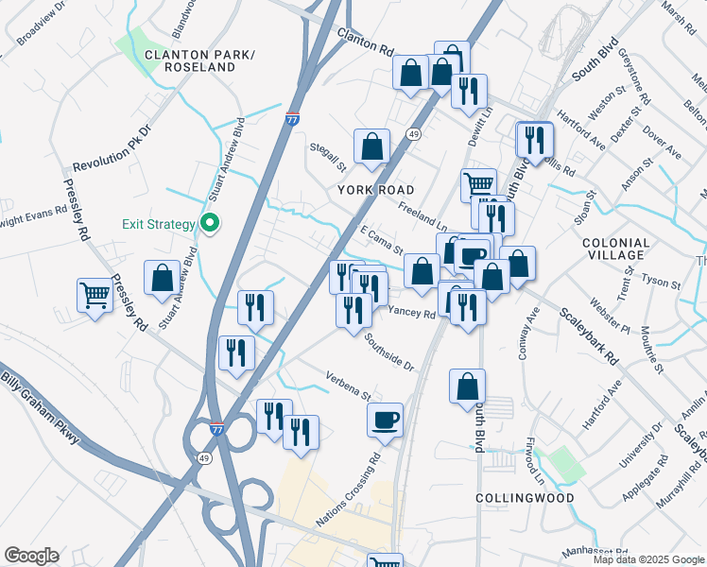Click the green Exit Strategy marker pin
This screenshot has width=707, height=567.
tap(210, 225)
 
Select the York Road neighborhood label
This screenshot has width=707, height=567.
tap(376, 190)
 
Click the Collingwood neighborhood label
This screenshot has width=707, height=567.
tap(511, 497)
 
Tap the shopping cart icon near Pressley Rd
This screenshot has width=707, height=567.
tap(95, 296)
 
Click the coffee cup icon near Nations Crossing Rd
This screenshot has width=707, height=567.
tap(385, 419)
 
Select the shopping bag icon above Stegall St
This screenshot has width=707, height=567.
tap(372, 146)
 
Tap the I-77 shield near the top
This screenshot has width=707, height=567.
tap(293, 120)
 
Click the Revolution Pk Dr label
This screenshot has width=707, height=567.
tap(112, 145)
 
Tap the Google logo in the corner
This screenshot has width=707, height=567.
tap(31, 556)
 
